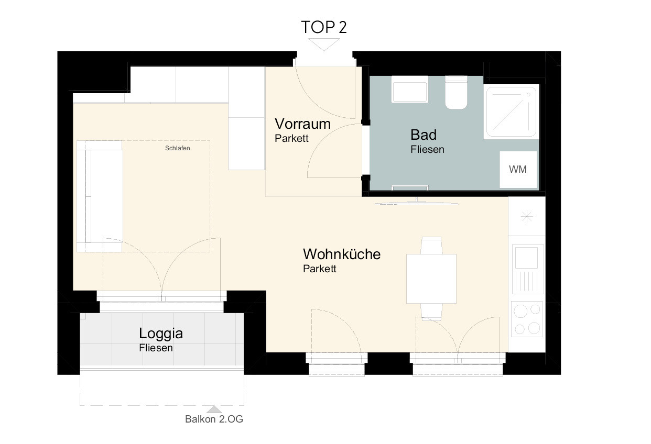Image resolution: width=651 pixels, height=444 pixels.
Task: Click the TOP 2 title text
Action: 324,27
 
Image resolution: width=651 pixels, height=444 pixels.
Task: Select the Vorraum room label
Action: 302,124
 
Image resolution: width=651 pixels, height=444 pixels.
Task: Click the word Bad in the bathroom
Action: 424,135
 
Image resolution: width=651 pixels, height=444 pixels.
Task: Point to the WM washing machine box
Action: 518,169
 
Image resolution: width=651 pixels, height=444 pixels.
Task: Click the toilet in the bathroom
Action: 457,92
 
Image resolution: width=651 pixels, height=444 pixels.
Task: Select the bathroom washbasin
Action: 410,89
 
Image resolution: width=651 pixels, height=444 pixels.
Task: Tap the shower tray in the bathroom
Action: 512,112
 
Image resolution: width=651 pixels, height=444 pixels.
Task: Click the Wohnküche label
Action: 342,254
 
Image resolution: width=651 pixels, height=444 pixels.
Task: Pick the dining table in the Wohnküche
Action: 431,279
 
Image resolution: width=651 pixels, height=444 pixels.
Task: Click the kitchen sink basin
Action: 526,258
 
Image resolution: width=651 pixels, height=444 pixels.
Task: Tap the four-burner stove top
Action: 527,319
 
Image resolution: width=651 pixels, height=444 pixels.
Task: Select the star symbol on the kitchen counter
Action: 527,216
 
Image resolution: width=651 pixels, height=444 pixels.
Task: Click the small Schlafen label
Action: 178,148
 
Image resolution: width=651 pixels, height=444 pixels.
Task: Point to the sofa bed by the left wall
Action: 100,196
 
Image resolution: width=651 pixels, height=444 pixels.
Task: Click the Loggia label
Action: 161,334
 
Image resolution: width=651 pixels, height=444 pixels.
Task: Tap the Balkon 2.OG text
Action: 214,419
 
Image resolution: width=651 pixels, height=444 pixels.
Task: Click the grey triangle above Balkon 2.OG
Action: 214,409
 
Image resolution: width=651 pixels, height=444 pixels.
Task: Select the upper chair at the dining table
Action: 431,246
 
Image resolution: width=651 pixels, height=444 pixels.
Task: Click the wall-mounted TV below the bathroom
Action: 417,202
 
